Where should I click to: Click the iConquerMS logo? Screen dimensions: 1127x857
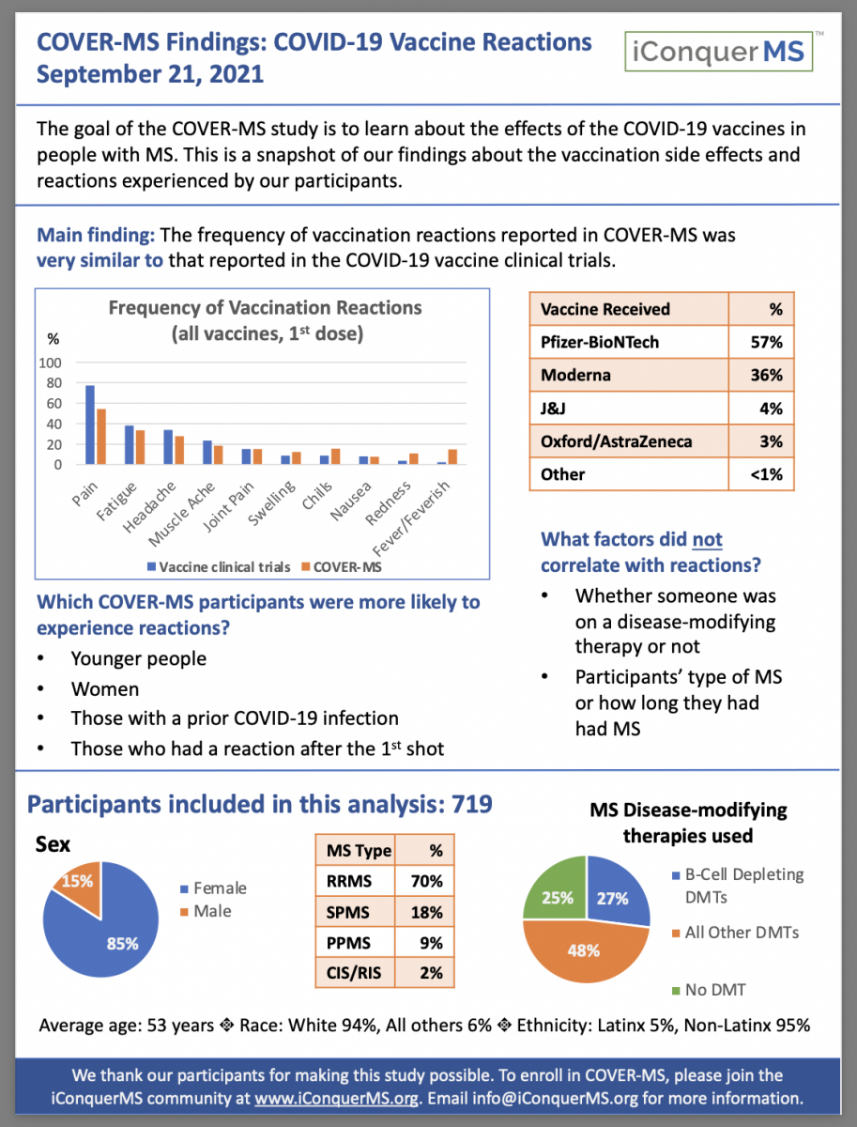pyautogui.click(x=719, y=51)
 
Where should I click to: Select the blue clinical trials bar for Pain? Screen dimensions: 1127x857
pyautogui.click(x=90, y=425)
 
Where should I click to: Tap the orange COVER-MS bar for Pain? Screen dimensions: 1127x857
pyautogui.click(x=101, y=436)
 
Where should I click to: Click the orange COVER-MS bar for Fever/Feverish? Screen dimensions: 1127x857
pyautogui.click(x=452, y=457)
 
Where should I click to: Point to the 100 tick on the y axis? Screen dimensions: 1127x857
pyautogui.click(x=50, y=363)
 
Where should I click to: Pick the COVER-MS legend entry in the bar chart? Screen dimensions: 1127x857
pyautogui.click(x=347, y=567)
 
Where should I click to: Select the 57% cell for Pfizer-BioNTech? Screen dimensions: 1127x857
pyautogui.click(x=761, y=342)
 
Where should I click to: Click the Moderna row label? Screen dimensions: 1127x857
pyautogui.click(x=575, y=375)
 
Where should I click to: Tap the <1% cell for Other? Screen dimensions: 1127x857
pyautogui.click(x=761, y=474)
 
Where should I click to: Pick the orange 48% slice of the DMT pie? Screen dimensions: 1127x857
pyautogui.click(x=583, y=949)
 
